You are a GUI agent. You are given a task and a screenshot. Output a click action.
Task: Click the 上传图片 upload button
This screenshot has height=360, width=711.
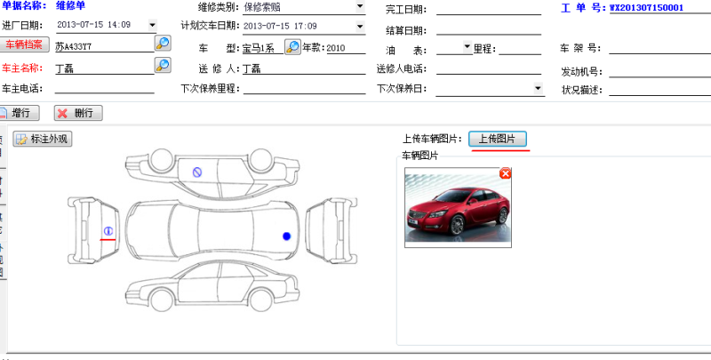(x=498, y=139)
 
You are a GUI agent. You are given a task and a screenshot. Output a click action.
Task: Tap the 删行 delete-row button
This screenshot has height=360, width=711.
(x=78, y=113)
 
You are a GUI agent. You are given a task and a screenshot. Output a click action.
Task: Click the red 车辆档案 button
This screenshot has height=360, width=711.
(x=24, y=44)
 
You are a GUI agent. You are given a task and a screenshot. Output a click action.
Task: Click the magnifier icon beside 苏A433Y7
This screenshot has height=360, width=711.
(x=163, y=43)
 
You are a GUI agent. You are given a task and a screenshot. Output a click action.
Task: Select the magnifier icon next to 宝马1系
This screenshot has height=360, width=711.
(x=292, y=46)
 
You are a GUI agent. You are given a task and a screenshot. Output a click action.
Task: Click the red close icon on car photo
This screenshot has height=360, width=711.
(x=506, y=172)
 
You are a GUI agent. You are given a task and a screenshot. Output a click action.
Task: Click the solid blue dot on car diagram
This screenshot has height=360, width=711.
(x=286, y=236)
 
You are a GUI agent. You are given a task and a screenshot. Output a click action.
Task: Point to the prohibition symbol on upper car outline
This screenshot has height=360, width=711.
(x=197, y=172)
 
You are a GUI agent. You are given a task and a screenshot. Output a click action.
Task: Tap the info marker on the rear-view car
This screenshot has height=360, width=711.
(x=108, y=231)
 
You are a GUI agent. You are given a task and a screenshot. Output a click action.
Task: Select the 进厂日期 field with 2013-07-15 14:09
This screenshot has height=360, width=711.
(x=105, y=25)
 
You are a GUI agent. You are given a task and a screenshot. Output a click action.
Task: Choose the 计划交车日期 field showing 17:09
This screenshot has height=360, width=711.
(x=302, y=26)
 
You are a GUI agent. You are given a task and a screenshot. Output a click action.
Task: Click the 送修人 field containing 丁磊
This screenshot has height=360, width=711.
(x=302, y=68)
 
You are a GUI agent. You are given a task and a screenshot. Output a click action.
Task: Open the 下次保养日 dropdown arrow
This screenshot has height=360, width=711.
(x=538, y=88)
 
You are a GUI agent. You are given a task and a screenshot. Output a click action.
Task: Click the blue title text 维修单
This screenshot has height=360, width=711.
(x=70, y=5)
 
